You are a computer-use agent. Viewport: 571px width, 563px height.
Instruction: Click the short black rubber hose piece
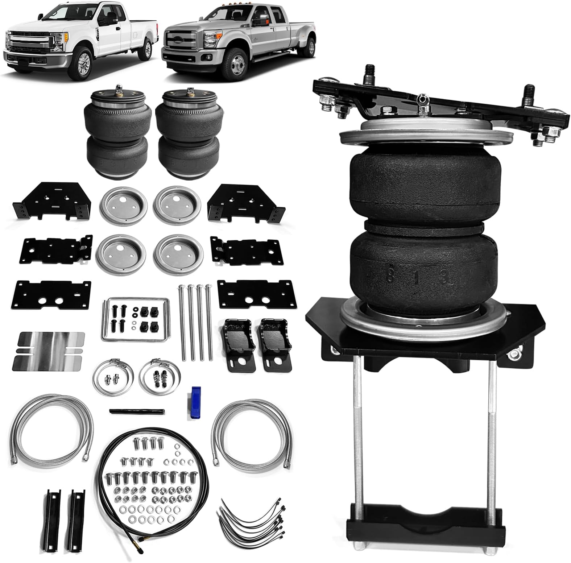pos(137,411)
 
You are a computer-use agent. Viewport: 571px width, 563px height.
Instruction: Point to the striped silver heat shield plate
pos(49,351)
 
